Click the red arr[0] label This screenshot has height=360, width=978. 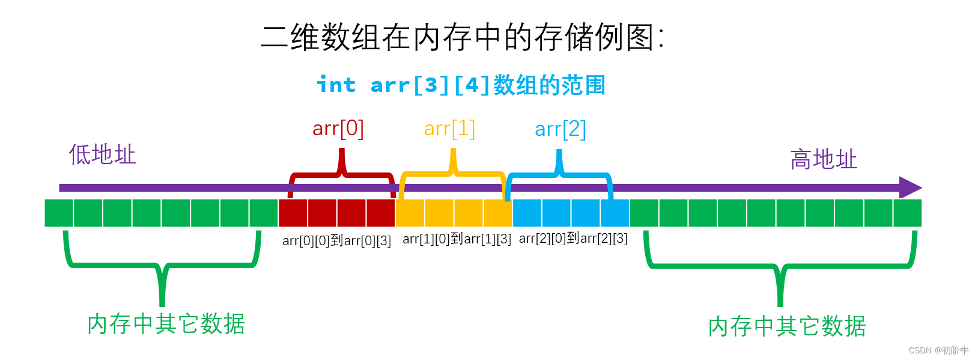[338, 129]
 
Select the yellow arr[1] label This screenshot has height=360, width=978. [449, 129]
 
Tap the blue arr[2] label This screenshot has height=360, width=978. [560, 129]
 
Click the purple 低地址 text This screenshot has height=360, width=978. [102, 154]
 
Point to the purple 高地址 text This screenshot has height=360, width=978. [824, 159]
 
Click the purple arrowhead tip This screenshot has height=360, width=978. [922, 188]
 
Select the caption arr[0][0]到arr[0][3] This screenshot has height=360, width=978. [336, 240]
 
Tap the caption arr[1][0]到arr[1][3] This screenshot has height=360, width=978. [457, 239]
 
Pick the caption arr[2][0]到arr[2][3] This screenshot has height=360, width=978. [573, 238]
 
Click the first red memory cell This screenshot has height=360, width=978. [293, 213]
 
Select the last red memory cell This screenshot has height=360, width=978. [381, 213]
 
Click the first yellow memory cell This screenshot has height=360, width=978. [410, 213]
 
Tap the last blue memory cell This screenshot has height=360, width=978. [615, 213]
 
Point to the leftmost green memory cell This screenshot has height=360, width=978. [58, 213]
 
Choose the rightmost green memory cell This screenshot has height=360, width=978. [907, 213]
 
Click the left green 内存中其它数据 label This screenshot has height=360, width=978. [166, 324]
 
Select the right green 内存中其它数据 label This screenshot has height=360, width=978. [787, 326]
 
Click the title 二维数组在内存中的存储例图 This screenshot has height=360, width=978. [462, 37]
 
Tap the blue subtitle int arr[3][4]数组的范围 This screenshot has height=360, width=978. [461, 85]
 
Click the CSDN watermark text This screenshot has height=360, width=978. [938, 350]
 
